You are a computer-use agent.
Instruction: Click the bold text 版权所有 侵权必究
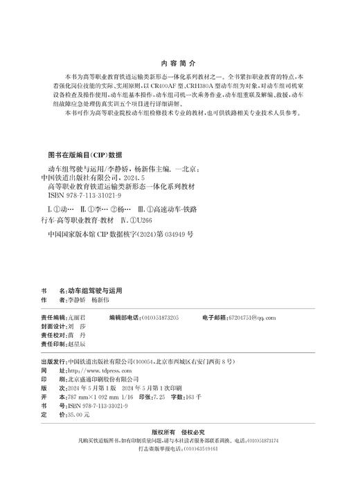tap(179, 431)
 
